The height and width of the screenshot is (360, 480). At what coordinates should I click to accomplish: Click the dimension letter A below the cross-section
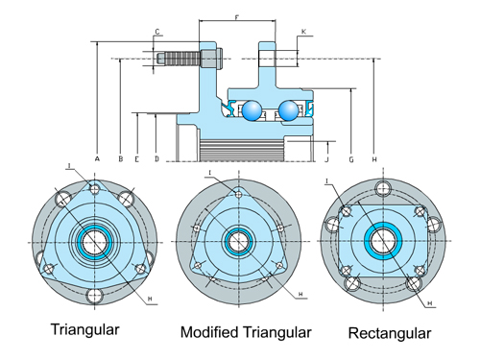[97, 156]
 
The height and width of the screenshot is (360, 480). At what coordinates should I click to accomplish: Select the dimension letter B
[120, 156]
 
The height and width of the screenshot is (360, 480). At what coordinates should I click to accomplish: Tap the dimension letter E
[137, 156]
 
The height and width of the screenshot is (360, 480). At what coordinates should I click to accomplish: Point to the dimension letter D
[156, 156]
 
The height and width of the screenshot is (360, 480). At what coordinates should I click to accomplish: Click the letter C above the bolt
[156, 32]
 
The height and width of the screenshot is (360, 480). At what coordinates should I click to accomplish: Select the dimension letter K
[303, 32]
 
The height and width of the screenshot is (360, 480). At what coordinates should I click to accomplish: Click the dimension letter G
[352, 157]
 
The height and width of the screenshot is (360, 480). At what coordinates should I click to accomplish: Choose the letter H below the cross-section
[373, 157]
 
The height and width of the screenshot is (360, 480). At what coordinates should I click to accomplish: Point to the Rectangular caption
[390, 332]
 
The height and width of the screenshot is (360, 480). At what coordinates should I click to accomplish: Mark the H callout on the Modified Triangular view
[301, 293]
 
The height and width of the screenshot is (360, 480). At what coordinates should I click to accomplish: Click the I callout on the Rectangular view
[327, 180]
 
